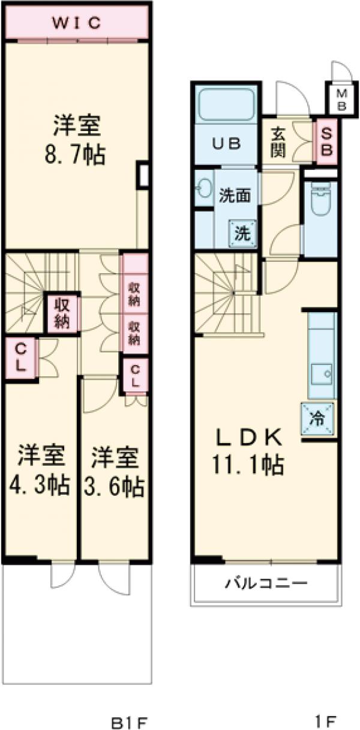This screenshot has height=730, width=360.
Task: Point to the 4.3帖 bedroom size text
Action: tap(40, 484)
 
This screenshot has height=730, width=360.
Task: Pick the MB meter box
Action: tap(340, 100)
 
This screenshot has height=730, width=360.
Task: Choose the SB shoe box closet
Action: tap(326, 142)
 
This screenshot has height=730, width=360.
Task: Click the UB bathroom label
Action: tap(226, 143)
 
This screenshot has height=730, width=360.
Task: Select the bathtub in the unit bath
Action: tap(227, 105)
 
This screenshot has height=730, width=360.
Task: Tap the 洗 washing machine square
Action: tap(241, 233)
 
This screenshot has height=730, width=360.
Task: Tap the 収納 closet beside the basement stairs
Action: tap(62, 312)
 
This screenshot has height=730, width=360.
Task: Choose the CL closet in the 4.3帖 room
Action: tap(20, 358)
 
